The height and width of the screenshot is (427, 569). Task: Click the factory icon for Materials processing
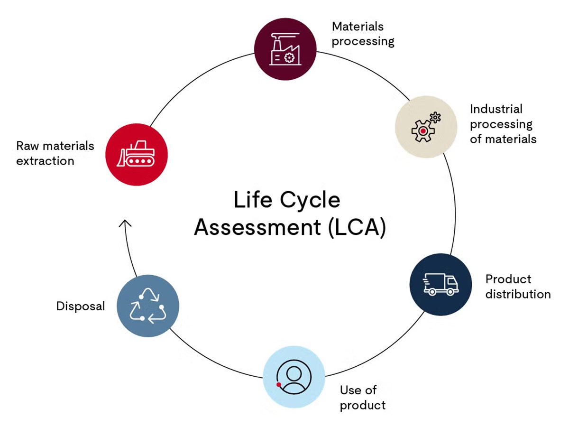[x=285, y=49]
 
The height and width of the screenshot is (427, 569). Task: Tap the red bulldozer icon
[x=137, y=154]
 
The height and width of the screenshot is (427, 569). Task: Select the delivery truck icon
[x=441, y=284]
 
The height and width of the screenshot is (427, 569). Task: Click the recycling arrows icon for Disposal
[x=148, y=306]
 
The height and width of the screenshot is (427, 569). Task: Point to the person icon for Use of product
[x=294, y=377]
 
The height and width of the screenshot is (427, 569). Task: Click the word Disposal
[x=81, y=306]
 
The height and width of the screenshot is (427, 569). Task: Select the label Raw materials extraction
[x=55, y=153]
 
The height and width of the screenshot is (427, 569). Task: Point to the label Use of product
[x=363, y=398]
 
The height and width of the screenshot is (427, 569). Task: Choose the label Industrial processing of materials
[x=503, y=124]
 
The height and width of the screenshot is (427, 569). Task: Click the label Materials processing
[x=363, y=33]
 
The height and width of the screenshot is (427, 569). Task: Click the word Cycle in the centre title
[x=310, y=200]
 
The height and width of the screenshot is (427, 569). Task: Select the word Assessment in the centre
[x=257, y=227]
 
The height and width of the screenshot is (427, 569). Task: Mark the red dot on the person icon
[x=279, y=384]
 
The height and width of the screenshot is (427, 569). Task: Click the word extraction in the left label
[x=45, y=161]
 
